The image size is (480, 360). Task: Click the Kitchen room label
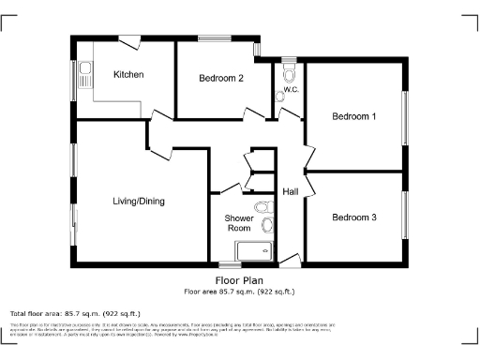[x=128, y=74]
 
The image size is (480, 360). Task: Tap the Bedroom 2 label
[x=221, y=79]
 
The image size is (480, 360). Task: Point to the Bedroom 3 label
[x=354, y=217]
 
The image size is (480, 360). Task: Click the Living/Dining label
[x=139, y=201]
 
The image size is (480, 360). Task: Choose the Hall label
[x=291, y=192]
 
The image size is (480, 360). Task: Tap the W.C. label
[x=291, y=91]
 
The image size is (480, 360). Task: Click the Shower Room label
[x=238, y=223]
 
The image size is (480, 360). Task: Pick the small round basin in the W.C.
[x=279, y=94]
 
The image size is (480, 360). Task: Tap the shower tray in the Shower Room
[x=253, y=250]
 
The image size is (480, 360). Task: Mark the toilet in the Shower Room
[x=267, y=223]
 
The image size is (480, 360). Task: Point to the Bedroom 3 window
[x=405, y=217]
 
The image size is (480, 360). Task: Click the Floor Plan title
[x=239, y=279]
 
